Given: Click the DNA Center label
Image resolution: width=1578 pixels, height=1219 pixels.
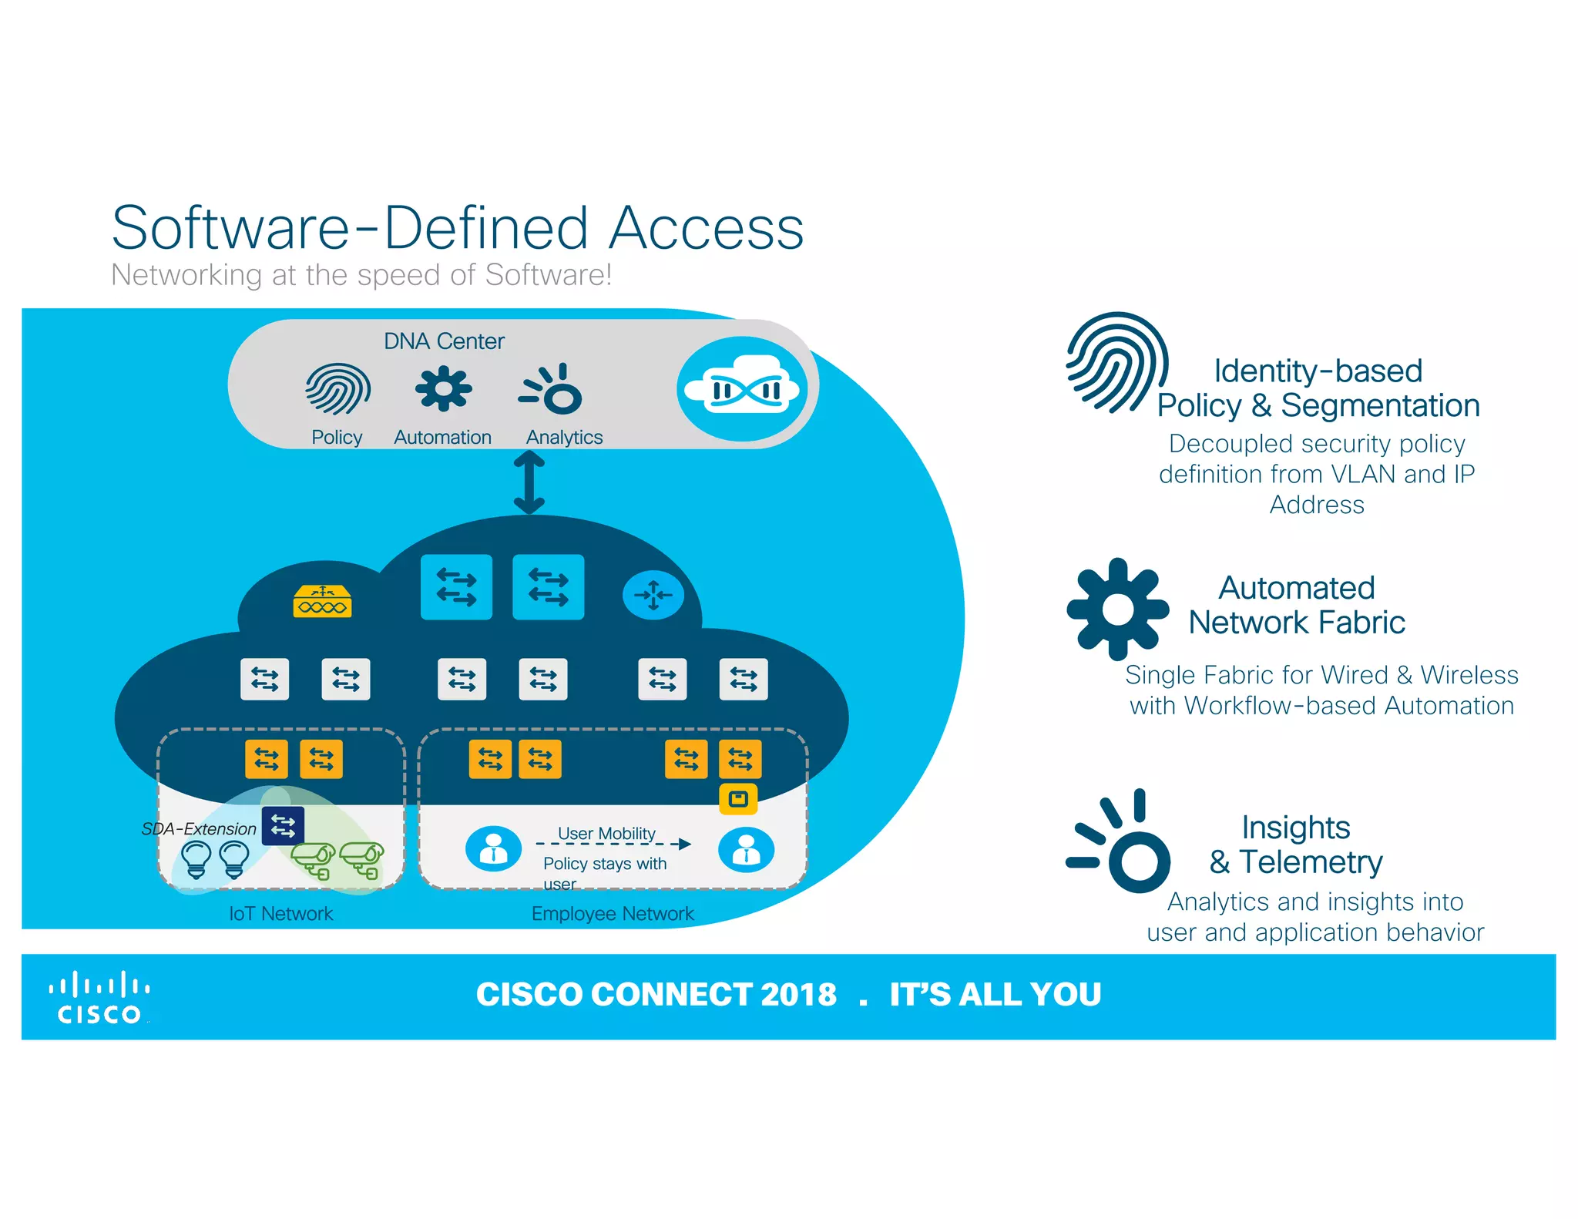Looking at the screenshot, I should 444,341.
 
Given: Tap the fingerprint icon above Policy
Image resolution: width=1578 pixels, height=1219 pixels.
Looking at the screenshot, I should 337,389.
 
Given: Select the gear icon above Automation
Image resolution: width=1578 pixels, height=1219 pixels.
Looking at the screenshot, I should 443,389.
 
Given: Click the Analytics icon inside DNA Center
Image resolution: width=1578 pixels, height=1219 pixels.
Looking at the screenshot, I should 552,389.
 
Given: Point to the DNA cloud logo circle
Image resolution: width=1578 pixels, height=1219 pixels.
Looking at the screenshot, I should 741,389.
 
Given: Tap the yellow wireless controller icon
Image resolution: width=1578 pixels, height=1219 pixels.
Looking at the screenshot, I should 322,602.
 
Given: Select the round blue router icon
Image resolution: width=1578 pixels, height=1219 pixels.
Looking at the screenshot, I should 653,595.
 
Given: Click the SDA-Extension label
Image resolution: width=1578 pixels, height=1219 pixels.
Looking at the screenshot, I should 199,829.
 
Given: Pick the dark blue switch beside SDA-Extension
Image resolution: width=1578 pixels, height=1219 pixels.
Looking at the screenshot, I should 283,826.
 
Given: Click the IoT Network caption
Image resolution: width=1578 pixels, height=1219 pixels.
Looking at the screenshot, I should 281,914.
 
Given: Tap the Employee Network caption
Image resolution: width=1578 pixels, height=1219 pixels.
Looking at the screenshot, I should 613,914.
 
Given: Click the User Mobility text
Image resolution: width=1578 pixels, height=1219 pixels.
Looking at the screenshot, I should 606,834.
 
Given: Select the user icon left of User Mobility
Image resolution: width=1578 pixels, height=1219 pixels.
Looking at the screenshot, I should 493,849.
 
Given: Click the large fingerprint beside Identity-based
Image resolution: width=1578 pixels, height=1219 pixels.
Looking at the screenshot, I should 1116,362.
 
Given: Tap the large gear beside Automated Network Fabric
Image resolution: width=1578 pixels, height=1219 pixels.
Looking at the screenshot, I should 1117,609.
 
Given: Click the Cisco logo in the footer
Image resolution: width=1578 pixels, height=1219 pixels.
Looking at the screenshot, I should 99,999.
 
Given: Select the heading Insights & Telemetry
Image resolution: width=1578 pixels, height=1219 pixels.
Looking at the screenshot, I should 1296,845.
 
